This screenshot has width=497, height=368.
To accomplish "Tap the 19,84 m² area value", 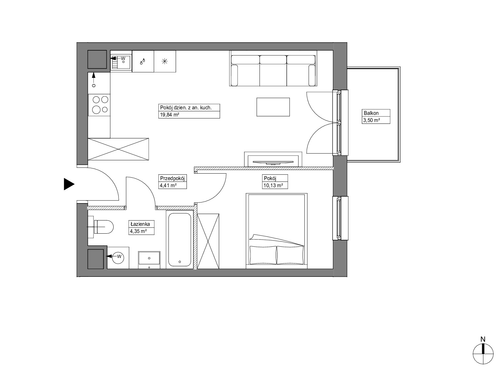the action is click(x=169, y=115).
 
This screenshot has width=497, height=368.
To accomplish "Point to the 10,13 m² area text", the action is click(x=273, y=185).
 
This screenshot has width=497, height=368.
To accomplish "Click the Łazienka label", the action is click(x=140, y=224).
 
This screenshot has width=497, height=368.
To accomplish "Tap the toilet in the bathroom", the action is click(x=101, y=227).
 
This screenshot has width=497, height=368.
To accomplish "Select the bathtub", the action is click(x=179, y=239).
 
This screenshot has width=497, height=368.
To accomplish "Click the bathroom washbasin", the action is click(x=149, y=260).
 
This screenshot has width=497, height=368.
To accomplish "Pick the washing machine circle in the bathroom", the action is click(x=118, y=257).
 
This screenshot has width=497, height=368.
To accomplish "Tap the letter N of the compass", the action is click(x=483, y=339).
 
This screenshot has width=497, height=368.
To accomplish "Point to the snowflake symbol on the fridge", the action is click(x=165, y=61).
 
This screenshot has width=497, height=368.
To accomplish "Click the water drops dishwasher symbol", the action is click(x=142, y=61).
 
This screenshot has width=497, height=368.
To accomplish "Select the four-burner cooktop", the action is click(x=99, y=105).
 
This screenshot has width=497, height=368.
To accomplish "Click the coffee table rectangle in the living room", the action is click(x=273, y=107).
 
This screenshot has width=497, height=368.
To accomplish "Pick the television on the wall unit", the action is click(x=273, y=162).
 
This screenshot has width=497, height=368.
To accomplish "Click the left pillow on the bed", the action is click(x=263, y=255).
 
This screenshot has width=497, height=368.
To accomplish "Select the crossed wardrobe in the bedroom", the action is click(x=208, y=241).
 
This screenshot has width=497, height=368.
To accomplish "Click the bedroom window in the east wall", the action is click(x=340, y=218).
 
